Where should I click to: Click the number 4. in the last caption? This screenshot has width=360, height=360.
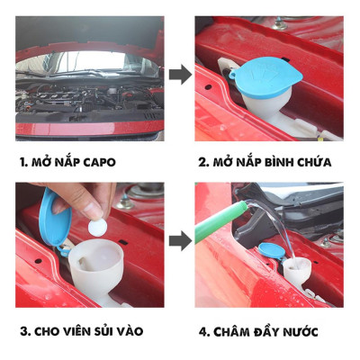click(206, 332)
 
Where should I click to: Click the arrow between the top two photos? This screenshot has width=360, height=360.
click(180, 75)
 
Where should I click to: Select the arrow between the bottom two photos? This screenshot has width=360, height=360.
click(180, 238)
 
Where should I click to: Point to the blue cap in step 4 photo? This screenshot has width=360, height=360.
click(270, 255)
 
